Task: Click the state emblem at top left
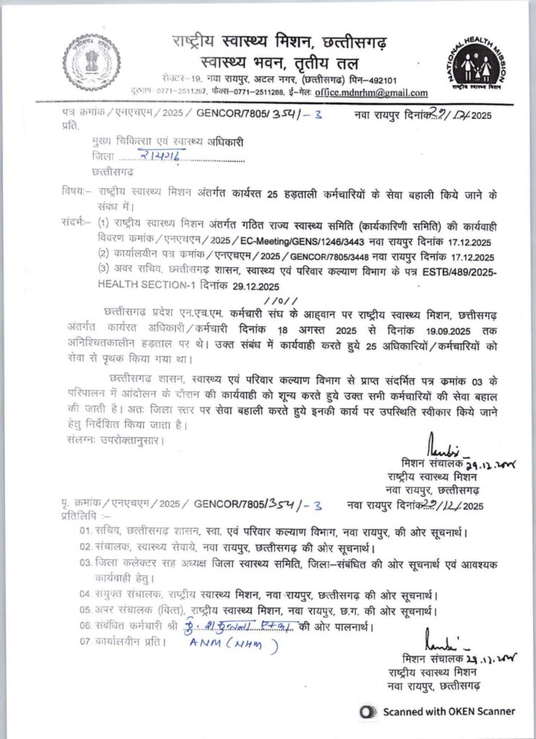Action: click(91, 61)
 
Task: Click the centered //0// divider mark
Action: click(281, 299)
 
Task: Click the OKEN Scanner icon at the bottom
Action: click(368, 711)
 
